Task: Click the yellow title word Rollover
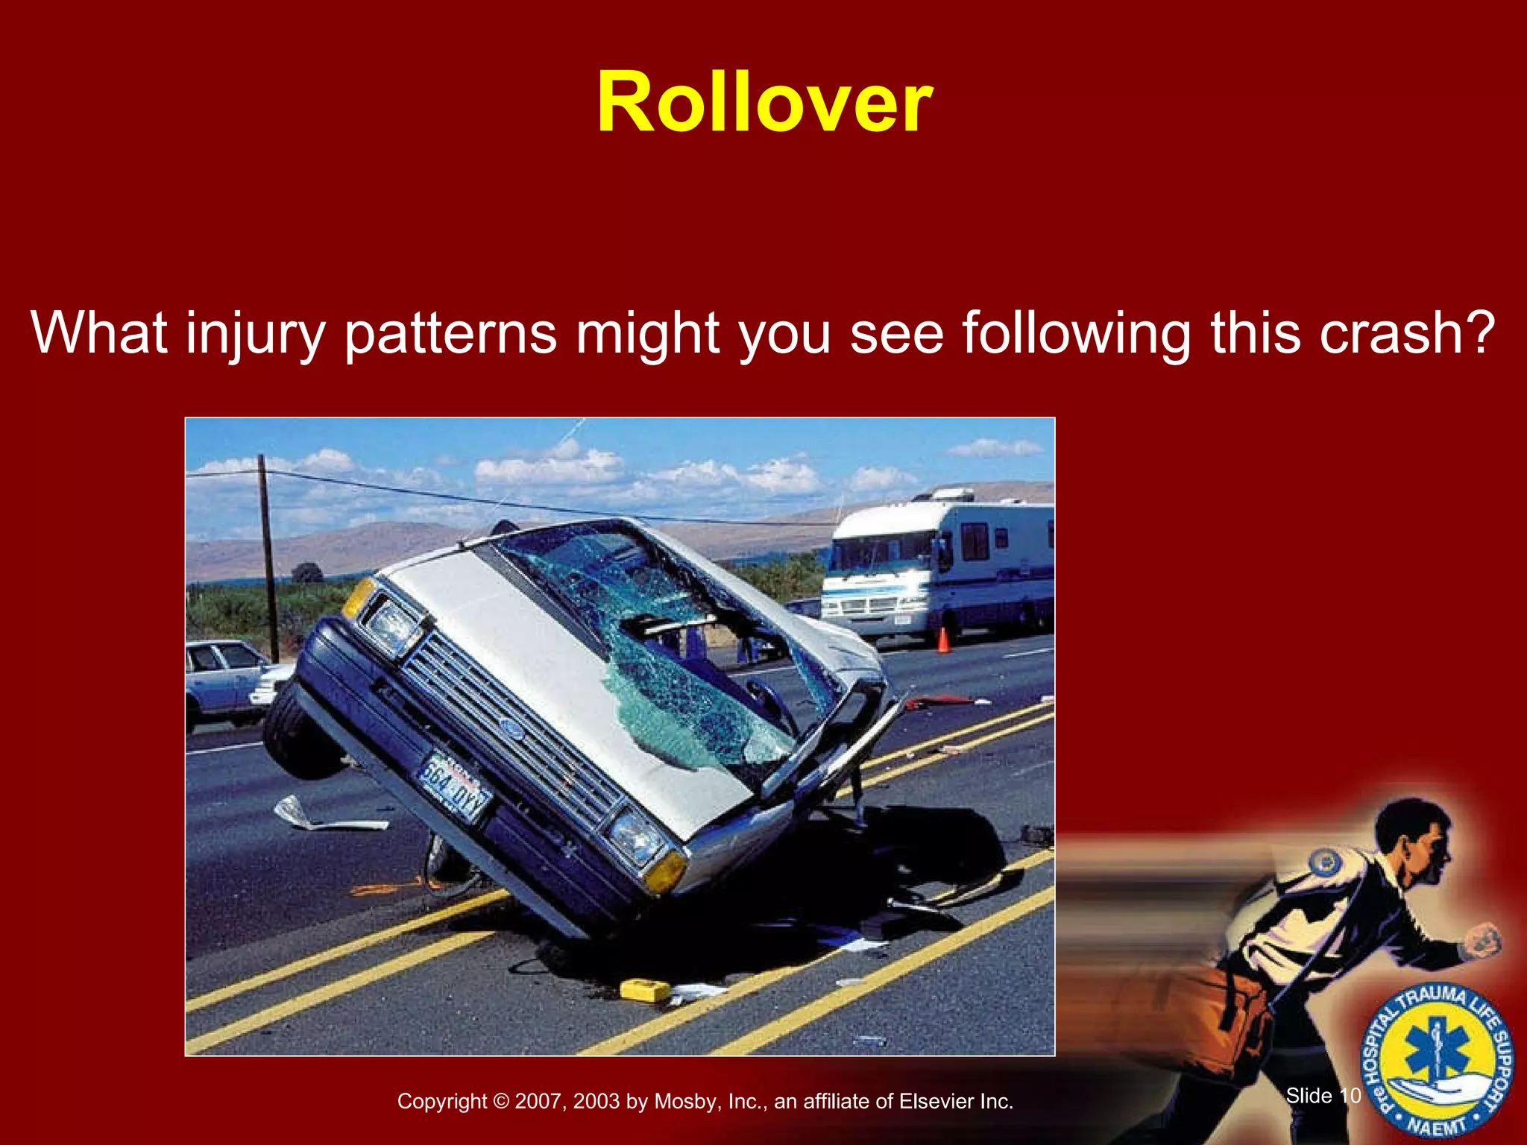point(763,103)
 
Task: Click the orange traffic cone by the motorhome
point(942,640)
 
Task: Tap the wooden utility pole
point(268,559)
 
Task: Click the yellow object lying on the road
point(644,991)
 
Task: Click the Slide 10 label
point(1323,1095)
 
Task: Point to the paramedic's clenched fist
point(1482,941)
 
